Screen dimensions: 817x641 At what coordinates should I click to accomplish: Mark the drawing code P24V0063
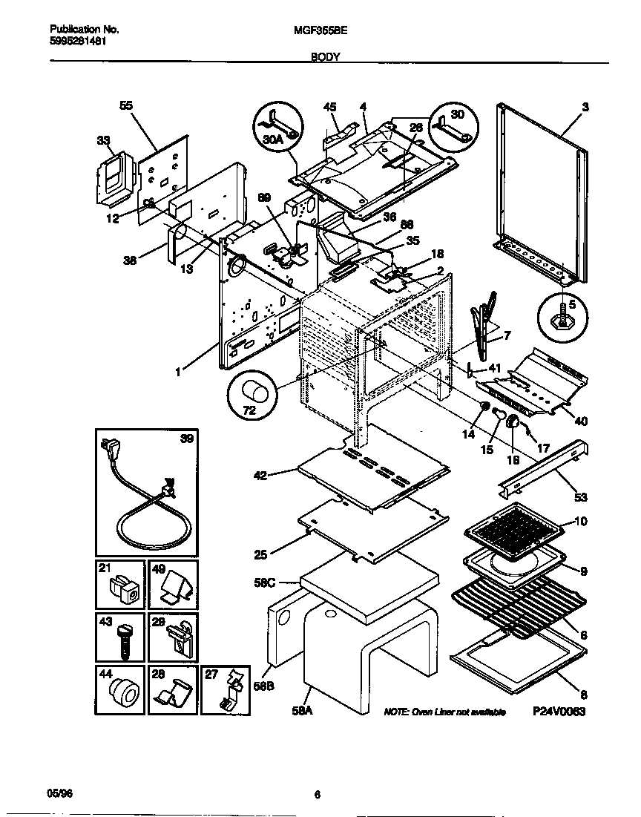tap(559, 711)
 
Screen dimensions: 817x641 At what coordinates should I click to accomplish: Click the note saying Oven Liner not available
tap(444, 712)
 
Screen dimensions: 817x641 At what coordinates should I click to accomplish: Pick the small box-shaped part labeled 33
tap(111, 180)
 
